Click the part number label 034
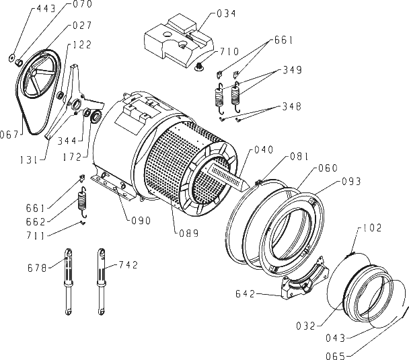coord(226,13)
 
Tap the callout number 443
coord(46,9)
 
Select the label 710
coord(229,52)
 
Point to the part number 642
coord(245,294)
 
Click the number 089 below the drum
coord(189,233)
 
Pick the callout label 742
coord(128,265)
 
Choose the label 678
coord(37,268)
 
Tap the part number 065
coord(336,355)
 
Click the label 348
coord(292,106)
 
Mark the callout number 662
coord(36,222)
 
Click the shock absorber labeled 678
coord(69,281)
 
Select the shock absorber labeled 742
coord(101,281)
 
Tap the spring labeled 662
coord(83,202)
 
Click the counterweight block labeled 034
coord(180,40)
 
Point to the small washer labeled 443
coord(11,58)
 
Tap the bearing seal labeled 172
coord(96,116)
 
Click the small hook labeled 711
coord(83,223)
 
